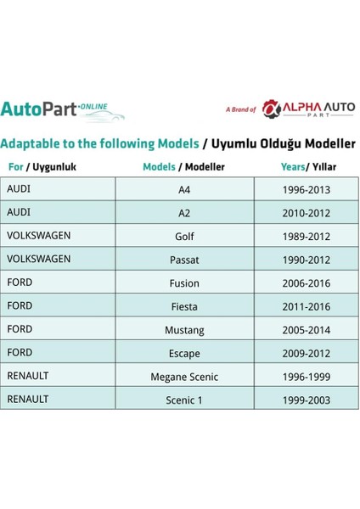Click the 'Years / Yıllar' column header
[306, 167]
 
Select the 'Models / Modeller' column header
[184, 167]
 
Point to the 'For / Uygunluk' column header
[41, 167]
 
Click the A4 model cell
[184, 190]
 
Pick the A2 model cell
[184, 213]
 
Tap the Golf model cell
[184, 236]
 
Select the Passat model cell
[184, 259]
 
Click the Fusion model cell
[184, 282]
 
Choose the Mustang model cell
[184, 329]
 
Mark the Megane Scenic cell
[184, 376]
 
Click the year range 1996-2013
[306, 190]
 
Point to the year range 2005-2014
[306, 329]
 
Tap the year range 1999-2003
[306, 399]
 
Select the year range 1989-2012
[306, 236]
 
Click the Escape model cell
[184, 352]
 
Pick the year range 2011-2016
[306, 305]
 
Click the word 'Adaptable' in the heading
[32, 143]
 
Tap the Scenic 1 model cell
[184, 399]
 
